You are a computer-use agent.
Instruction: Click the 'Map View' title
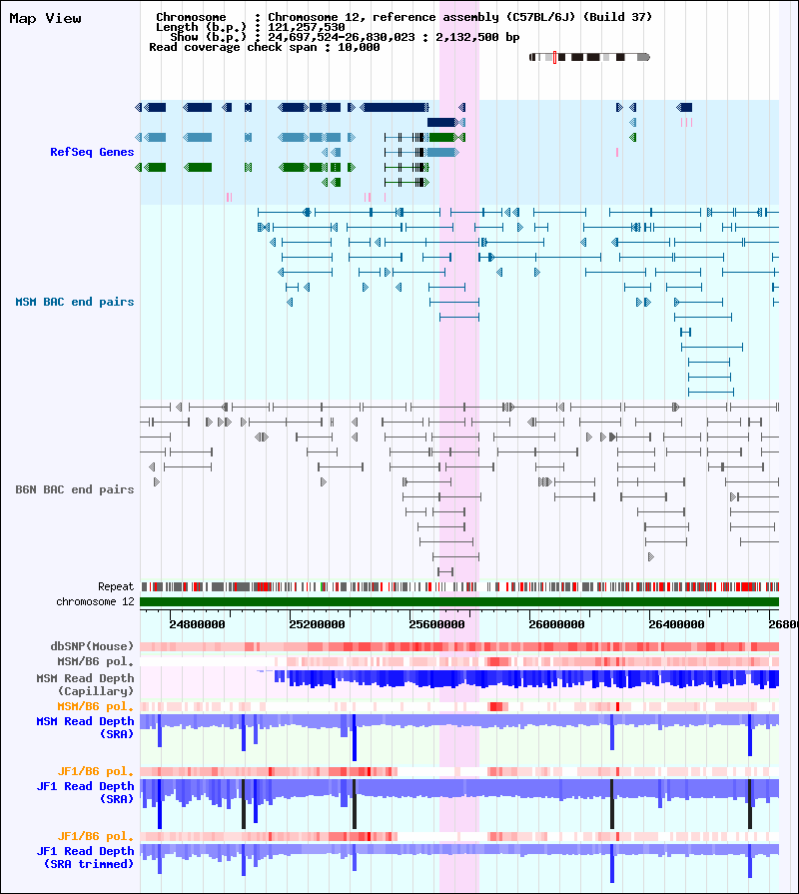tap(46, 19)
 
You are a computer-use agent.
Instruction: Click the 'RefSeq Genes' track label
tap(92, 152)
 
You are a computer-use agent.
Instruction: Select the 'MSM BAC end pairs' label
tap(75, 302)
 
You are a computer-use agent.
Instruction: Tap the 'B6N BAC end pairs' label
tap(75, 489)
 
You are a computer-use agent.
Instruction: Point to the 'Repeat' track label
tap(116, 586)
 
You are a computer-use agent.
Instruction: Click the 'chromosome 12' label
tap(95, 601)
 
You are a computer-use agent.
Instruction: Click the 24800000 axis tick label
tap(197, 624)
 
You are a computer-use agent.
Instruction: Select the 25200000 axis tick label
tap(317, 624)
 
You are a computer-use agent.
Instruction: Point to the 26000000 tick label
tap(556, 624)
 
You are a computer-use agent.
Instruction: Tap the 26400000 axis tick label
tap(676, 624)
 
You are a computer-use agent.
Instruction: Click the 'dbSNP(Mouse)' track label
tap(92, 646)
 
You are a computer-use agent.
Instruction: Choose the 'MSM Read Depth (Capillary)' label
tap(86, 685)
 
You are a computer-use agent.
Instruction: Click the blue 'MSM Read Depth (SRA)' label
tap(86, 727)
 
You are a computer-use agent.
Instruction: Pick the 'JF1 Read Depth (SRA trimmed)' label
tap(86, 857)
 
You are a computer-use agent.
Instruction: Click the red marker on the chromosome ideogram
tap(554, 57)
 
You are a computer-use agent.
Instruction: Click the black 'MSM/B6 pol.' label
tap(95, 662)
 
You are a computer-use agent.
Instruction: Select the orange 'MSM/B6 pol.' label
tap(95, 706)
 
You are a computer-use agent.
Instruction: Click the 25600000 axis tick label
tap(437, 624)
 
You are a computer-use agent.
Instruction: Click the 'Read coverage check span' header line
tap(265, 47)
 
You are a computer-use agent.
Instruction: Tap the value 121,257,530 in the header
tap(307, 27)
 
